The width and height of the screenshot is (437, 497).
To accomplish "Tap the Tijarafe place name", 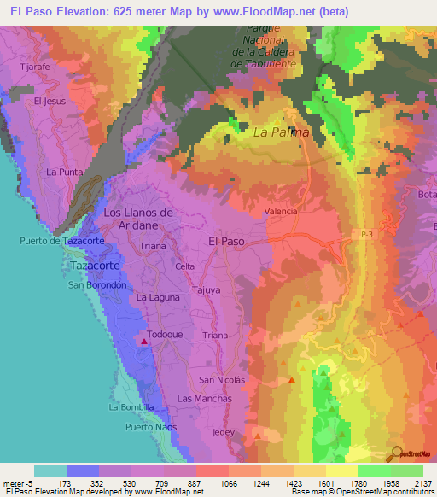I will click(37, 65).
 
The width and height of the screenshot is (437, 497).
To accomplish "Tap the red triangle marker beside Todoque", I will click(144, 342).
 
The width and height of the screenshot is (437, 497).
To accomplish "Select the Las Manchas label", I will click(204, 399).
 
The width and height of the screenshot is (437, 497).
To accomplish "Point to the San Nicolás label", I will click(222, 379).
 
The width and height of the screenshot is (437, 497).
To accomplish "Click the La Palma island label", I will click(281, 132).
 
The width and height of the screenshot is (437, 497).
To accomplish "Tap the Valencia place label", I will click(281, 211).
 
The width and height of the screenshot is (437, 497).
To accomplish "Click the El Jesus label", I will click(50, 101).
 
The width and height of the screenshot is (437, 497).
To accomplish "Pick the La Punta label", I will click(64, 172).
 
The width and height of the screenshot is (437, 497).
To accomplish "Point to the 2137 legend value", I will click(421, 482).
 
